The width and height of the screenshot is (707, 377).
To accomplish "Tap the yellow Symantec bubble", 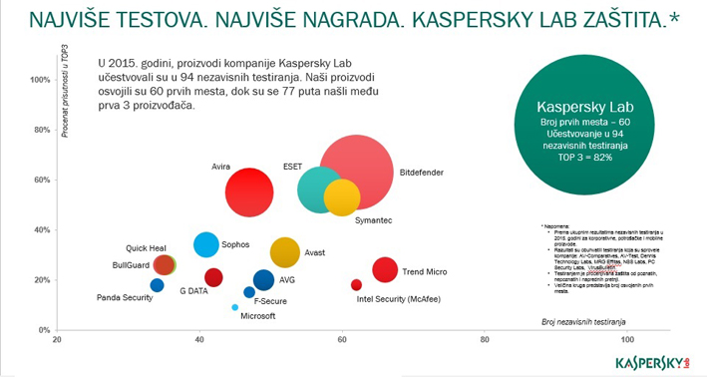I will [342, 196].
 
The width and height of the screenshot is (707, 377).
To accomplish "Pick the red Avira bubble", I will [249, 192].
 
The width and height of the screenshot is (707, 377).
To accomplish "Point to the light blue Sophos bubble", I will [205, 244].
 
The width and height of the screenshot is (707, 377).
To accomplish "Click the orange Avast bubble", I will [285, 253].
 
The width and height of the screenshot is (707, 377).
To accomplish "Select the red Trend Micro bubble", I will [385, 269].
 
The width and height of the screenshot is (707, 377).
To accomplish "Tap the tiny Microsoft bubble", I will [235, 307].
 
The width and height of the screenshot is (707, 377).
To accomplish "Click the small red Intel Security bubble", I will [356, 285].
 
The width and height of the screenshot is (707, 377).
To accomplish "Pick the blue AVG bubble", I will [263, 280].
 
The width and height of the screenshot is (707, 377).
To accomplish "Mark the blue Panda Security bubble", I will [157, 285].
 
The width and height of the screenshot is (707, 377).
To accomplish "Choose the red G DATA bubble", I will [213, 277].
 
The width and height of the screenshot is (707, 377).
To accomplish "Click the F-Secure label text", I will [271, 300].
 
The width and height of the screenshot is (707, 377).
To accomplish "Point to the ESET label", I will [293, 166].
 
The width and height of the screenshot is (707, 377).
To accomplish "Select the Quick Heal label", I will [145, 247].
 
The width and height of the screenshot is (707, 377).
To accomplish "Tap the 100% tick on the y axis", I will [41, 80].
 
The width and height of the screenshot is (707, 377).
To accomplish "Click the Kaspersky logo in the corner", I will [653, 360].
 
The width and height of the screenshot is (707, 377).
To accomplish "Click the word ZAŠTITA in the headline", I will [614, 19].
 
